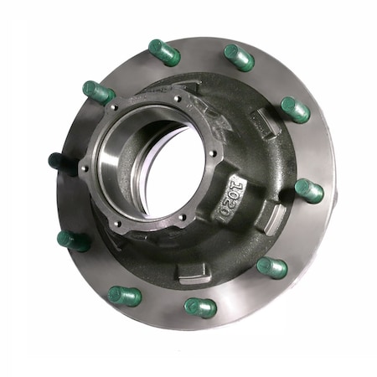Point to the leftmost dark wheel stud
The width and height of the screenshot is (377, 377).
point(58,160)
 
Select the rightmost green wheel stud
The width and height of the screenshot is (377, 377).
point(309,190)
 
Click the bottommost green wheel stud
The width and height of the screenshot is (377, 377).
point(200,307)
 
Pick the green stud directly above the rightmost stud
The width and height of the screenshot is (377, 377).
point(295,109)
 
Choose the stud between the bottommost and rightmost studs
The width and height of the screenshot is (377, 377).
point(271,268)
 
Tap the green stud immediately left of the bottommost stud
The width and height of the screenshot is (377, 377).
point(125,296)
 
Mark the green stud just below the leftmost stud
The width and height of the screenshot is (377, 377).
point(74,240)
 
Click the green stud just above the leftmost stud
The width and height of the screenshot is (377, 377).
point(99,92)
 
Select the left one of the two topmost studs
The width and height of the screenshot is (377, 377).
point(164,52)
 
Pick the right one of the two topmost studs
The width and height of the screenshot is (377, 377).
point(240,57)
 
